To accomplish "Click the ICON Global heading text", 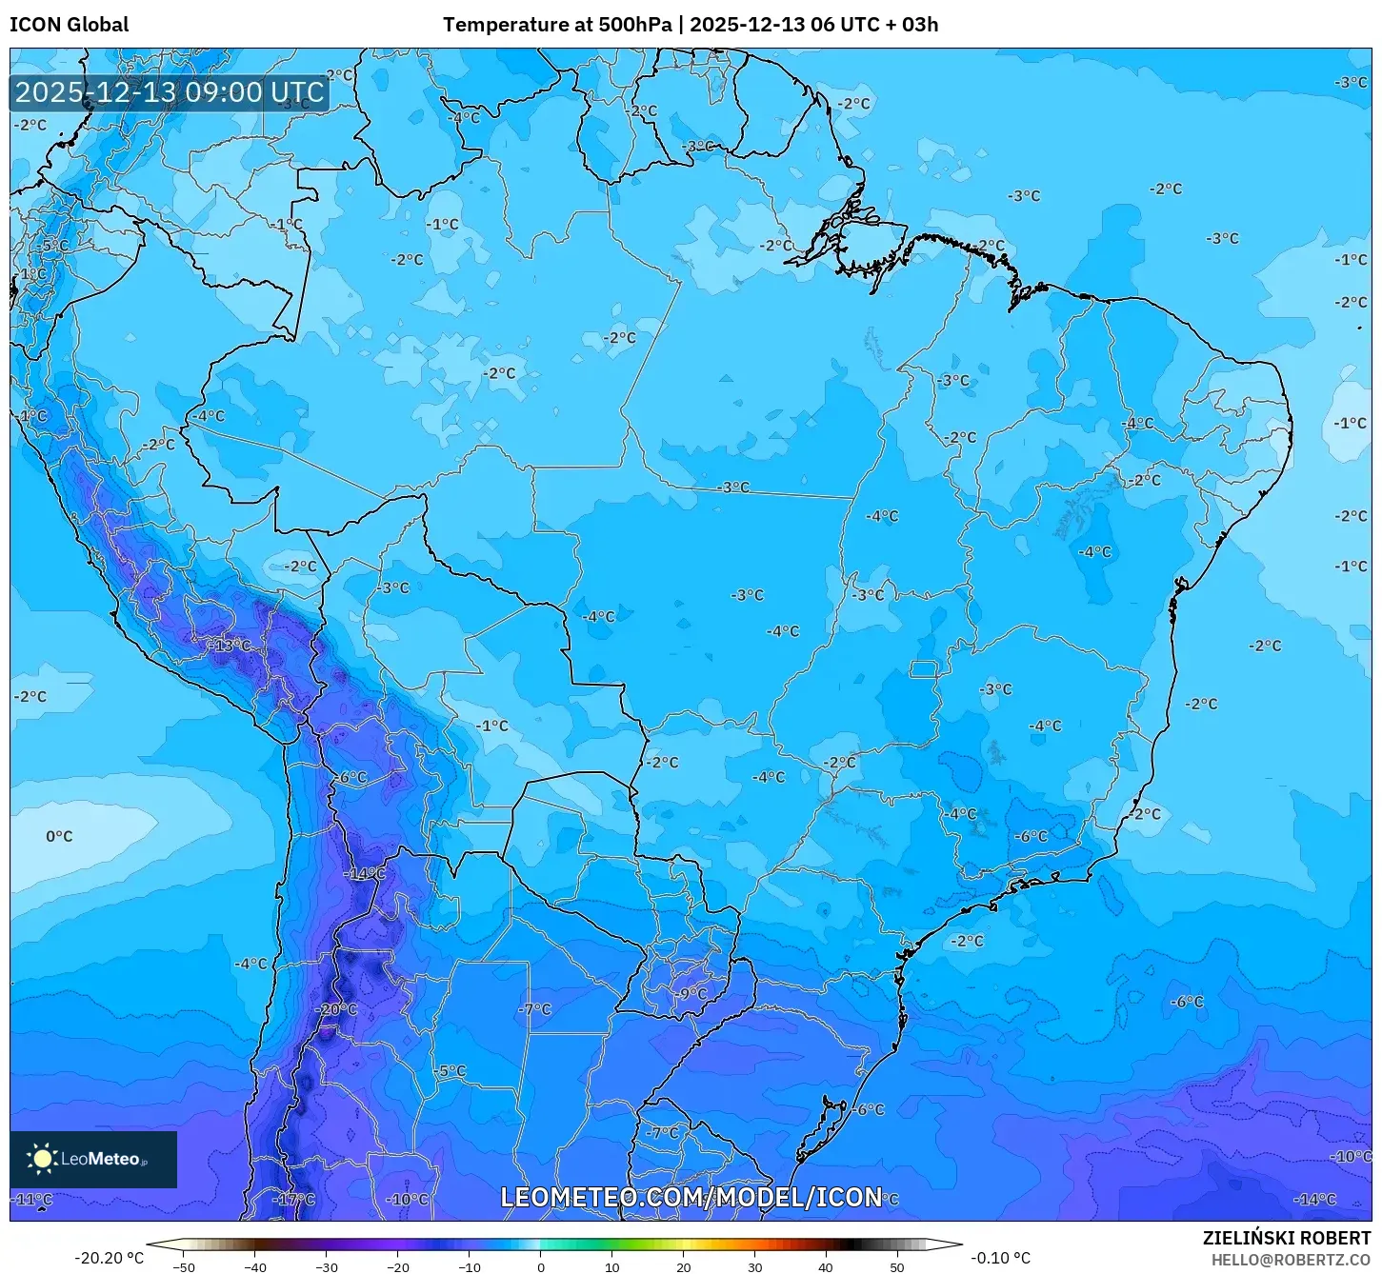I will pyautogui.click(x=69, y=25).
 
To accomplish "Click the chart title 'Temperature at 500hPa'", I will pyautogui.click(x=558, y=25).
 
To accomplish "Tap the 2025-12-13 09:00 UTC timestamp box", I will pyautogui.click(x=170, y=92).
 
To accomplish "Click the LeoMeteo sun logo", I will pyautogui.click(x=43, y=1159).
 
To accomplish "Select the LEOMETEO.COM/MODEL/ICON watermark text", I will pyautogui.click(x=691, y=1197).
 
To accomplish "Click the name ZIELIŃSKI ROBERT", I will pyautogui.click(x=1286, y=1238).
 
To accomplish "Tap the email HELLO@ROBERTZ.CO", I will pyautogui.click(x=1291, y=1260).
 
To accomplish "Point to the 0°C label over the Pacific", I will pyautogui.click(x=59, y=836).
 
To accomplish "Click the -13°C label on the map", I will pyautogui.click(x=230, y=646).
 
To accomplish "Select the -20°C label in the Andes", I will pyautogui.click(x=337, y=1009).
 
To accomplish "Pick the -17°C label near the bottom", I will pyautogui.click(x=294, y=1200).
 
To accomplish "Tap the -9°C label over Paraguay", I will pyautogui.click(x=692, y=994).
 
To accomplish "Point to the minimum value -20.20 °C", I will pyautogui.click(x=109, y=1258).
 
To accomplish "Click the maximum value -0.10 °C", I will pyautogui.click(x=1000, y=1258).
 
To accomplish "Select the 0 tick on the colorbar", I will pyautogui.click(x=540, y=1266).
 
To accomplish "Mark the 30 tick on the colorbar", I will pyautogui.click(x=754, y=1266).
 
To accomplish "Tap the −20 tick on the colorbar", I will pyautogui.click(x=397, y=1266).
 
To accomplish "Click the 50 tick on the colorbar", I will pyautogui.click(x=897, y=1266).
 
